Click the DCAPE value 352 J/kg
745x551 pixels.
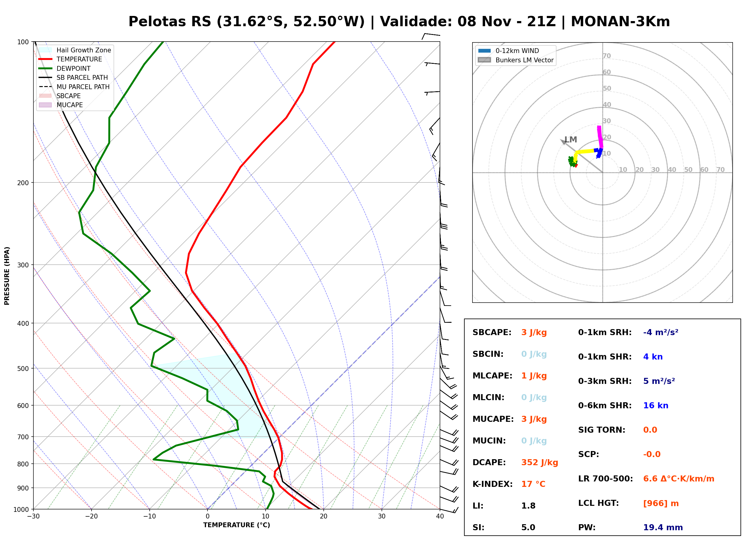[x=540, y=462]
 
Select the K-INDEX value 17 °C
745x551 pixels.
[x=533, y=484]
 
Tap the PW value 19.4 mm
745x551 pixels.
[x=663, y=528]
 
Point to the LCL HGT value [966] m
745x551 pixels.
[x=661, y=503]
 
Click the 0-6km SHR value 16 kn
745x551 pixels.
[x=656, y=406]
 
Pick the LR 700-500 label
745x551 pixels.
[x=605, y=479]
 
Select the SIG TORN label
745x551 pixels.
[x=602, y=430]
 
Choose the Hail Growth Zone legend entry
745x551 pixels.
[x=75, y=50]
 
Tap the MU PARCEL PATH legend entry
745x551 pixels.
[x=74, y=87]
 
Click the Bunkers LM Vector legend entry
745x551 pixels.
[x=516, y=60]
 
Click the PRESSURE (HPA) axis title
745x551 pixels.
[x=7, y=276]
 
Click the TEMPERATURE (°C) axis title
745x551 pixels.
[x=237, y=525]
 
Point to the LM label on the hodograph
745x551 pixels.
[x=571, y=140]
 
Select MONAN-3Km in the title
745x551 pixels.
[x=620, y=22]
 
